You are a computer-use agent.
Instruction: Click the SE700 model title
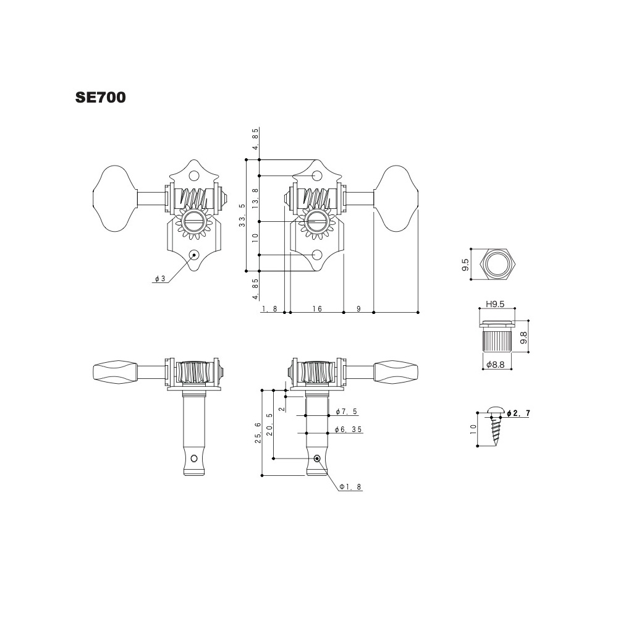tap(101, 98)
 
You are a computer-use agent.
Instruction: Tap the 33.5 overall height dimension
tap(242, 215)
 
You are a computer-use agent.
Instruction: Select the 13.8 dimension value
tap(255, 198)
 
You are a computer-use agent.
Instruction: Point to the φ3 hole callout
tap(160, 279)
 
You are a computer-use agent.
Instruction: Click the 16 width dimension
tap(317, 308)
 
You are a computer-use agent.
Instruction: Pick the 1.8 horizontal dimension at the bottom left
tap(269, 308)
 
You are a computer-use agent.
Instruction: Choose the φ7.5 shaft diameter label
tap(347, 412)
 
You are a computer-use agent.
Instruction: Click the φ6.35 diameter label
tap(349, 430)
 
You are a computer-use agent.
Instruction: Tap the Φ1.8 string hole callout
tap(350, 487)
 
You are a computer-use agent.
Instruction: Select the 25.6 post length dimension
tap(258, 433)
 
